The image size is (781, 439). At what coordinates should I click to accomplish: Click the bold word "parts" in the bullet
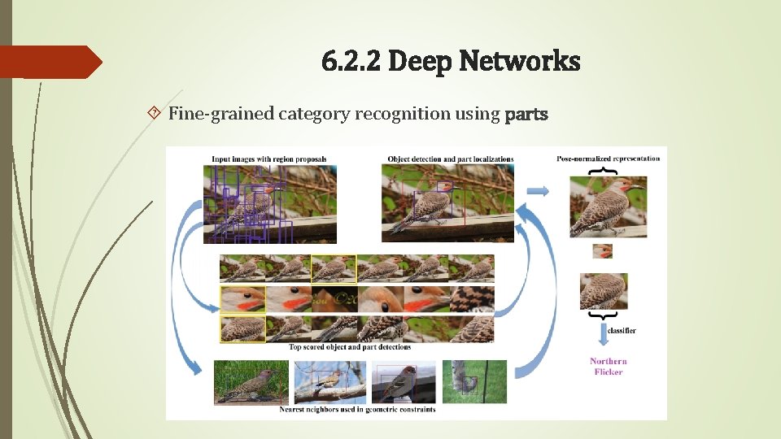(527, 114)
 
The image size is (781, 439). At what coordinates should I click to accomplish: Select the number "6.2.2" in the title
(351, 61)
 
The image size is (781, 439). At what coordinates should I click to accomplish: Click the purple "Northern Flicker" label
(609, 366)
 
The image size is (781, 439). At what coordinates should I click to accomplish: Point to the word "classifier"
(620, 331)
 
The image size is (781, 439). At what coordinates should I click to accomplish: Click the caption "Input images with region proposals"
(268, 159)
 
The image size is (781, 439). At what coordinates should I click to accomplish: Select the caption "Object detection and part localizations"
(450, 159)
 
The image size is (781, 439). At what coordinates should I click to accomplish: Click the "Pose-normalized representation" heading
(609, 158)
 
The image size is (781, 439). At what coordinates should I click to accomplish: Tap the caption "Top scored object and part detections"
(350, 347)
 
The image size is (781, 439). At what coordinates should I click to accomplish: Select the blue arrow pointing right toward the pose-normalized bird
(538, 190)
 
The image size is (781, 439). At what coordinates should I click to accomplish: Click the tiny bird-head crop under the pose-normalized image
(602, 251)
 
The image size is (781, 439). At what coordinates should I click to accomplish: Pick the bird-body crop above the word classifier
(602, 291)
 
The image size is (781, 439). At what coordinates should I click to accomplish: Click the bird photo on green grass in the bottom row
(251, 381)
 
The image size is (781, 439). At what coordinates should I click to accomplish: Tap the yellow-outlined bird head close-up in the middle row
(242, 299)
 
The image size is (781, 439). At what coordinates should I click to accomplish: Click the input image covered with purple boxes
(270, 204)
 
